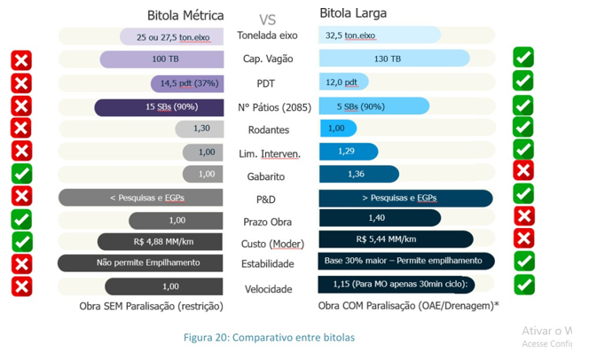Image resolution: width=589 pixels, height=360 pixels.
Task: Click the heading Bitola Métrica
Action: click(x=185, y=15)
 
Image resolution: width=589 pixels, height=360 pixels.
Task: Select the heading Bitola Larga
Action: click(x=352, y=13)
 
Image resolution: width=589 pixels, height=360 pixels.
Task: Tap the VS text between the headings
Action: click(x=267, y=19)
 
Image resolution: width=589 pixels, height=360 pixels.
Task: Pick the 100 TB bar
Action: click(x=161, y=59)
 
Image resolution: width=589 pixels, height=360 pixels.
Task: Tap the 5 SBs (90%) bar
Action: click(x=373, y=106)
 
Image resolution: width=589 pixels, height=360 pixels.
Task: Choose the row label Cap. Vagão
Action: click(x=268, y=59)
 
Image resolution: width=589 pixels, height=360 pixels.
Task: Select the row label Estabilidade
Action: click(x=268, y=263)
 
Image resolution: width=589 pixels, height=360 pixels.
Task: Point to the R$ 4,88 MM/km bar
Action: click(x=161, y=241)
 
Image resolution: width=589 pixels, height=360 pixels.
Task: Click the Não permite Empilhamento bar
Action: click(x=141, y=262)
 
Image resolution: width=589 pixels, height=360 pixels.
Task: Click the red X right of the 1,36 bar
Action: click(x=523, y=170)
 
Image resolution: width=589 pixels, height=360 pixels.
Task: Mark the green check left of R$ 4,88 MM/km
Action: click(x=21, y=241)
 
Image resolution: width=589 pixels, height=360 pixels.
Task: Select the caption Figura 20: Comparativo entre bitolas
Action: click(x=269, y=338)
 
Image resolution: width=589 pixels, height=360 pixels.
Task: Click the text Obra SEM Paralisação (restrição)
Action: click(x=151, y=306)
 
